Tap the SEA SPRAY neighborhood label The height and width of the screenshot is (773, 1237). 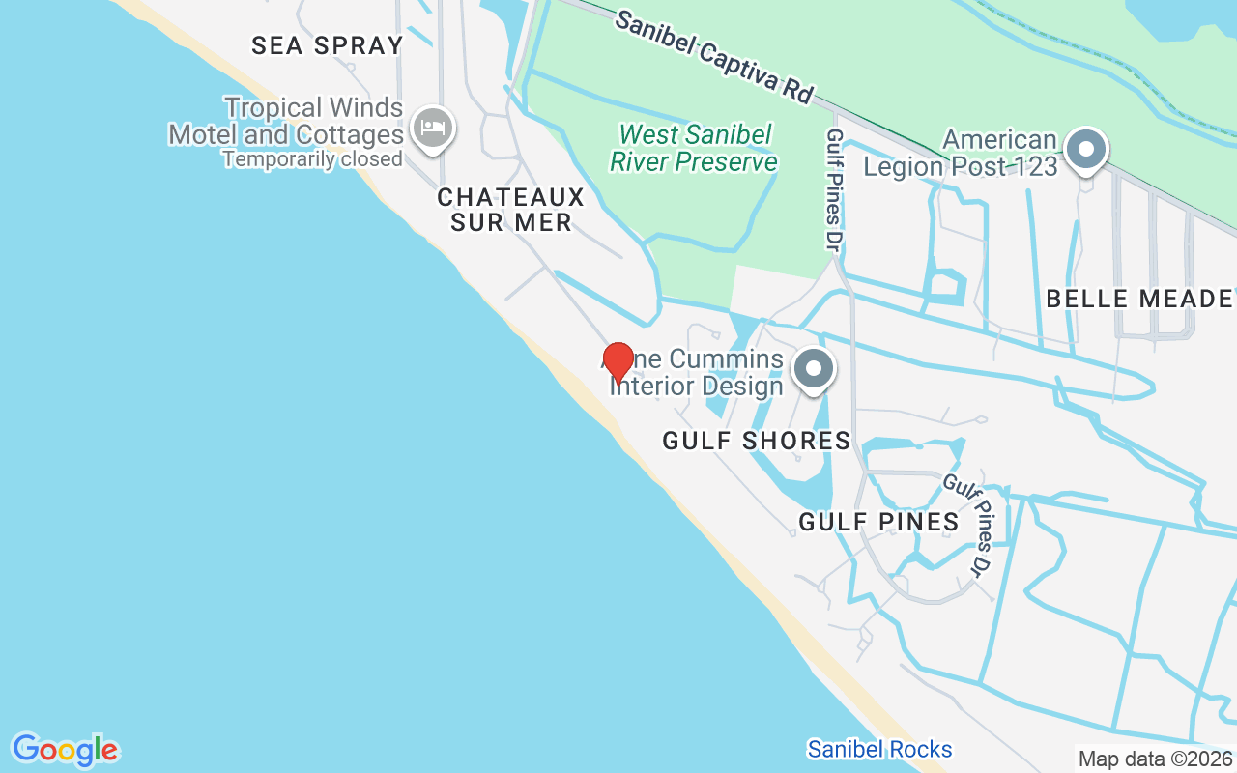[x=327, y=45]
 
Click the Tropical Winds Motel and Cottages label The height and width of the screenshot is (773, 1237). [x=286, y=121]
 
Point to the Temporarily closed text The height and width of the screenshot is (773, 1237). [x=312, y=158]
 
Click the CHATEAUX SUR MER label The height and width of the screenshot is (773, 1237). [x=510, y=210]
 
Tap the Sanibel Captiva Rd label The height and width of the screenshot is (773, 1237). [x=713, y=57]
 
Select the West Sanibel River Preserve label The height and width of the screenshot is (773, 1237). [x=694, y=148]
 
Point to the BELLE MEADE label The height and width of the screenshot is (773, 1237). [x=1139, y=299]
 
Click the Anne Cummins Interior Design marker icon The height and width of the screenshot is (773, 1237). [x=814, y=368]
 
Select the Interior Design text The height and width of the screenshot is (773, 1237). [x=696, y=386]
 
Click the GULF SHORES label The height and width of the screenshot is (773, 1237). [x=757, y=442]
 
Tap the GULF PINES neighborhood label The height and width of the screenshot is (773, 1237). [x=878, y=522]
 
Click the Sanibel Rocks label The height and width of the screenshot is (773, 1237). [x=879, y=749]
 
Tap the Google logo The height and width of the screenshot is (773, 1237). [x=65, y=750]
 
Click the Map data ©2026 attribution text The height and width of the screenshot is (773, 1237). [x=1156, y=759]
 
